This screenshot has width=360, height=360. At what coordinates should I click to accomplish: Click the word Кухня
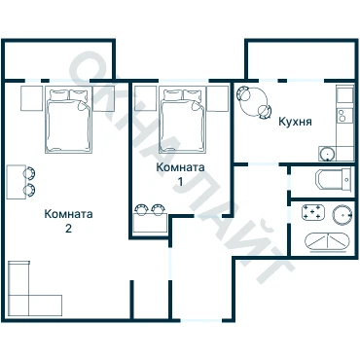295,122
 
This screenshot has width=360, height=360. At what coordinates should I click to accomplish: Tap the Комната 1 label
180,174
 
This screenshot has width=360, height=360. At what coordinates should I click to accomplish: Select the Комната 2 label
68,221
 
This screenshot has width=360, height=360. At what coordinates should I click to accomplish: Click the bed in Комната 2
68,120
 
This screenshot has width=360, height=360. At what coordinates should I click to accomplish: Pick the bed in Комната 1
182,120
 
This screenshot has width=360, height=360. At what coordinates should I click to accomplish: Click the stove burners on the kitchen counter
342,116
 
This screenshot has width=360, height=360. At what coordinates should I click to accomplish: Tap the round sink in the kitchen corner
327,154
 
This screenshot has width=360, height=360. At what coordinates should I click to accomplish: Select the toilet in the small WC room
333,179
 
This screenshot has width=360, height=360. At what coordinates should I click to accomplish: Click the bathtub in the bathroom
327,242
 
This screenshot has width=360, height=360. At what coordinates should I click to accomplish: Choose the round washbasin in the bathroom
342,214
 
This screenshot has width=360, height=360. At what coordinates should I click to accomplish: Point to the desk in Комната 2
17,182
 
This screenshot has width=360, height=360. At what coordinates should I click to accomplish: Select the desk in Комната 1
150,223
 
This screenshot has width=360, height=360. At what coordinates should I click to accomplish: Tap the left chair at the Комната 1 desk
141,209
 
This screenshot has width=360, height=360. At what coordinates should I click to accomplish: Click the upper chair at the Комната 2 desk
29,173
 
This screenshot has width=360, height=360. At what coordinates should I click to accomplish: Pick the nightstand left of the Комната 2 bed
32,98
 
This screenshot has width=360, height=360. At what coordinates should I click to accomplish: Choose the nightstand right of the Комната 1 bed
218,98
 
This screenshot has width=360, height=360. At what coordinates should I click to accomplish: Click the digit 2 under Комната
68,229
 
